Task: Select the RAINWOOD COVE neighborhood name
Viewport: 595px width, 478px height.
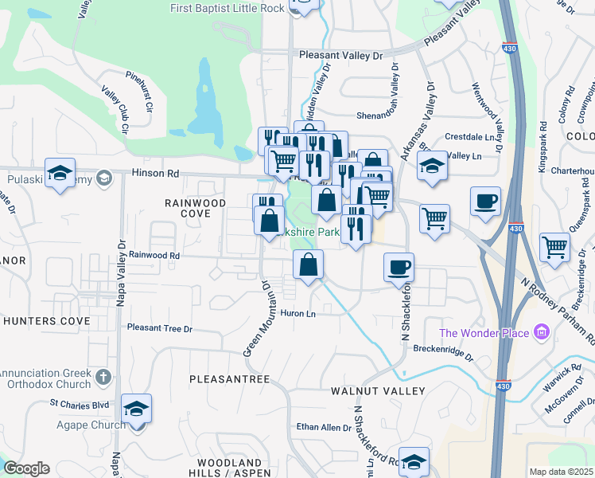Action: tap(195, 208)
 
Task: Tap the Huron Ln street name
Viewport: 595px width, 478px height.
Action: tap(298, 314)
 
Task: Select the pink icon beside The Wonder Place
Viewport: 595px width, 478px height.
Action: tap(541, 331)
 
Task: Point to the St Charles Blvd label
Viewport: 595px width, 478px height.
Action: tap(79, 404)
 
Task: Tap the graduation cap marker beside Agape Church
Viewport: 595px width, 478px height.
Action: tap(137, 409)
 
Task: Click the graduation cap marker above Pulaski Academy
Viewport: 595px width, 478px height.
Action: tap(60, 172)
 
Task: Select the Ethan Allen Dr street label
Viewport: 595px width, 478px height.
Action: tap(324, 428)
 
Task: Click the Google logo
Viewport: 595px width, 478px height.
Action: tap(26, 468)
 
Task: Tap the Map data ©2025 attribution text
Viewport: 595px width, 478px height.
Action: tap(561, 472)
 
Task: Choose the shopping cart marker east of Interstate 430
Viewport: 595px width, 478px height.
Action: tap(554, 245)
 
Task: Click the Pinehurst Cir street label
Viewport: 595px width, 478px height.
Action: tap(144, 92)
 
